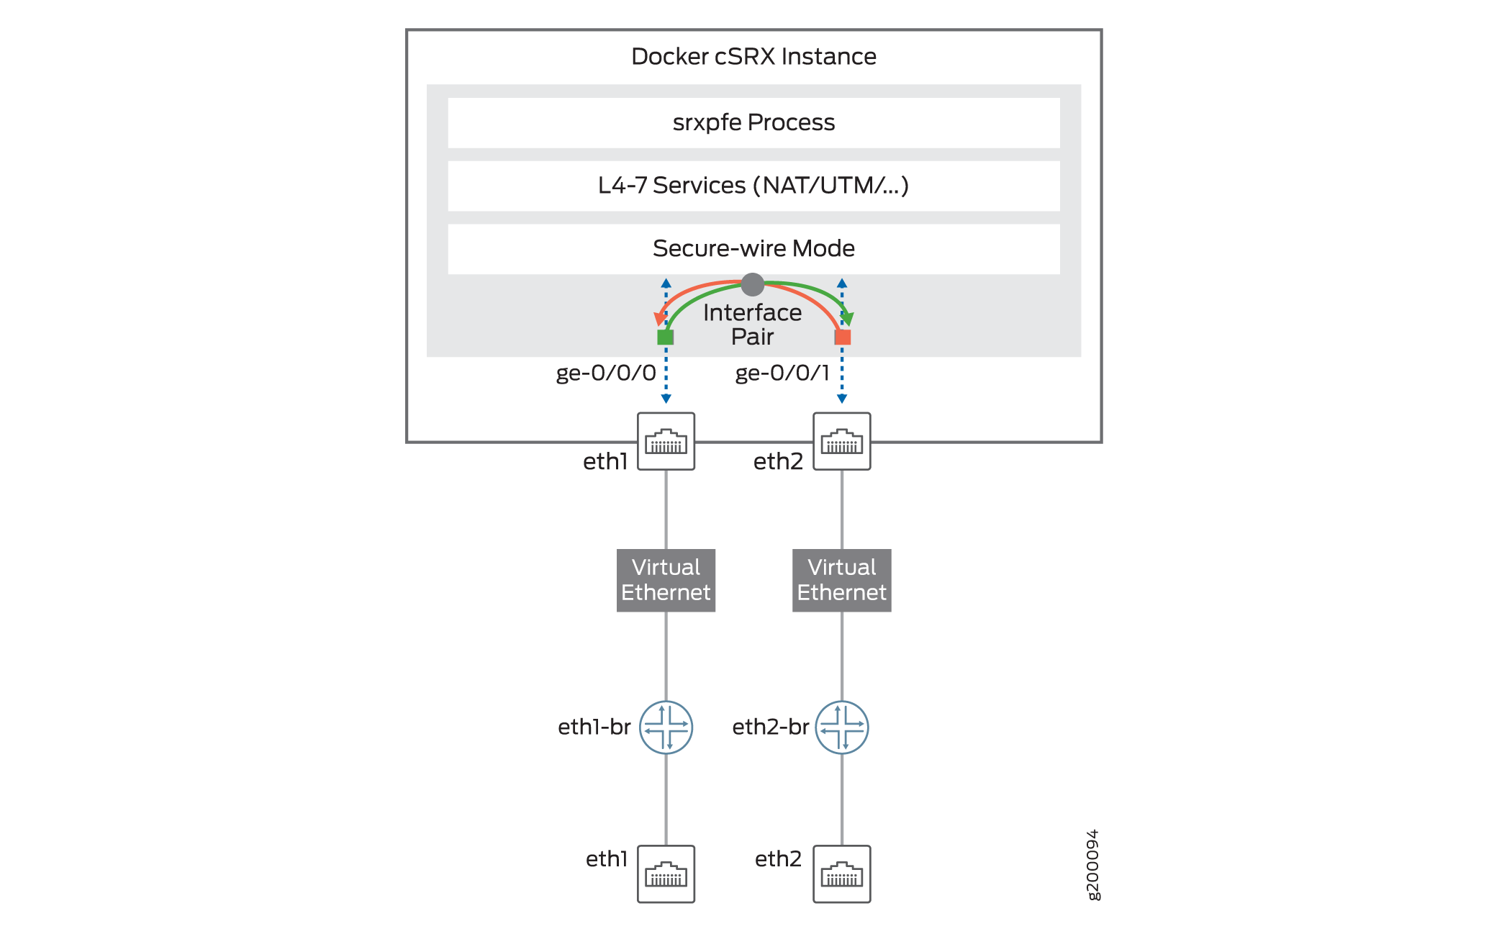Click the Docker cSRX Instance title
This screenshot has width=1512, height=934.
click(753, 56)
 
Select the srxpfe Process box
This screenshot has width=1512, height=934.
click(753, 122)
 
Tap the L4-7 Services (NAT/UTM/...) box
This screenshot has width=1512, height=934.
click(753, 186)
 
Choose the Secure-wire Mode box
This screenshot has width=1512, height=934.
click(753, 248)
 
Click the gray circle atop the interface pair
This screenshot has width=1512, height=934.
click(752, 284)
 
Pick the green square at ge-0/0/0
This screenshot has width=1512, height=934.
click(665, 337)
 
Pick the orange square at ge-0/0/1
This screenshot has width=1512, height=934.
click(843, 337)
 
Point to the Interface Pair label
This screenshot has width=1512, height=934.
click(752, 324)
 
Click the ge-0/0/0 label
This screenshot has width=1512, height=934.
click(605, 373)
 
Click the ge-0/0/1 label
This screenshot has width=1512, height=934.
click(782, 373)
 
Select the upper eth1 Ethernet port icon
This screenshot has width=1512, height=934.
click(666, 441)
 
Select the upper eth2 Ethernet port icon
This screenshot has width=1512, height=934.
click(841, 441)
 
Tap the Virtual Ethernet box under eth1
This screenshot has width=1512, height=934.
click(666, 580)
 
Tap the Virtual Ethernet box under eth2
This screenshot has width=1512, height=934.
click(841, 580)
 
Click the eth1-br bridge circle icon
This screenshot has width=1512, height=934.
click(666, 727)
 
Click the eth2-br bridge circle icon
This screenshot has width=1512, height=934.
click(841, 727)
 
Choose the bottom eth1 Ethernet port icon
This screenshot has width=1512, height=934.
click(666, 874)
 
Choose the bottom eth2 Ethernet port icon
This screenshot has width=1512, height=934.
click(841, 874)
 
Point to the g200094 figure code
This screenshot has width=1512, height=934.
click(1092, 864)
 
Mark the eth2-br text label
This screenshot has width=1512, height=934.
click(770, 727)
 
